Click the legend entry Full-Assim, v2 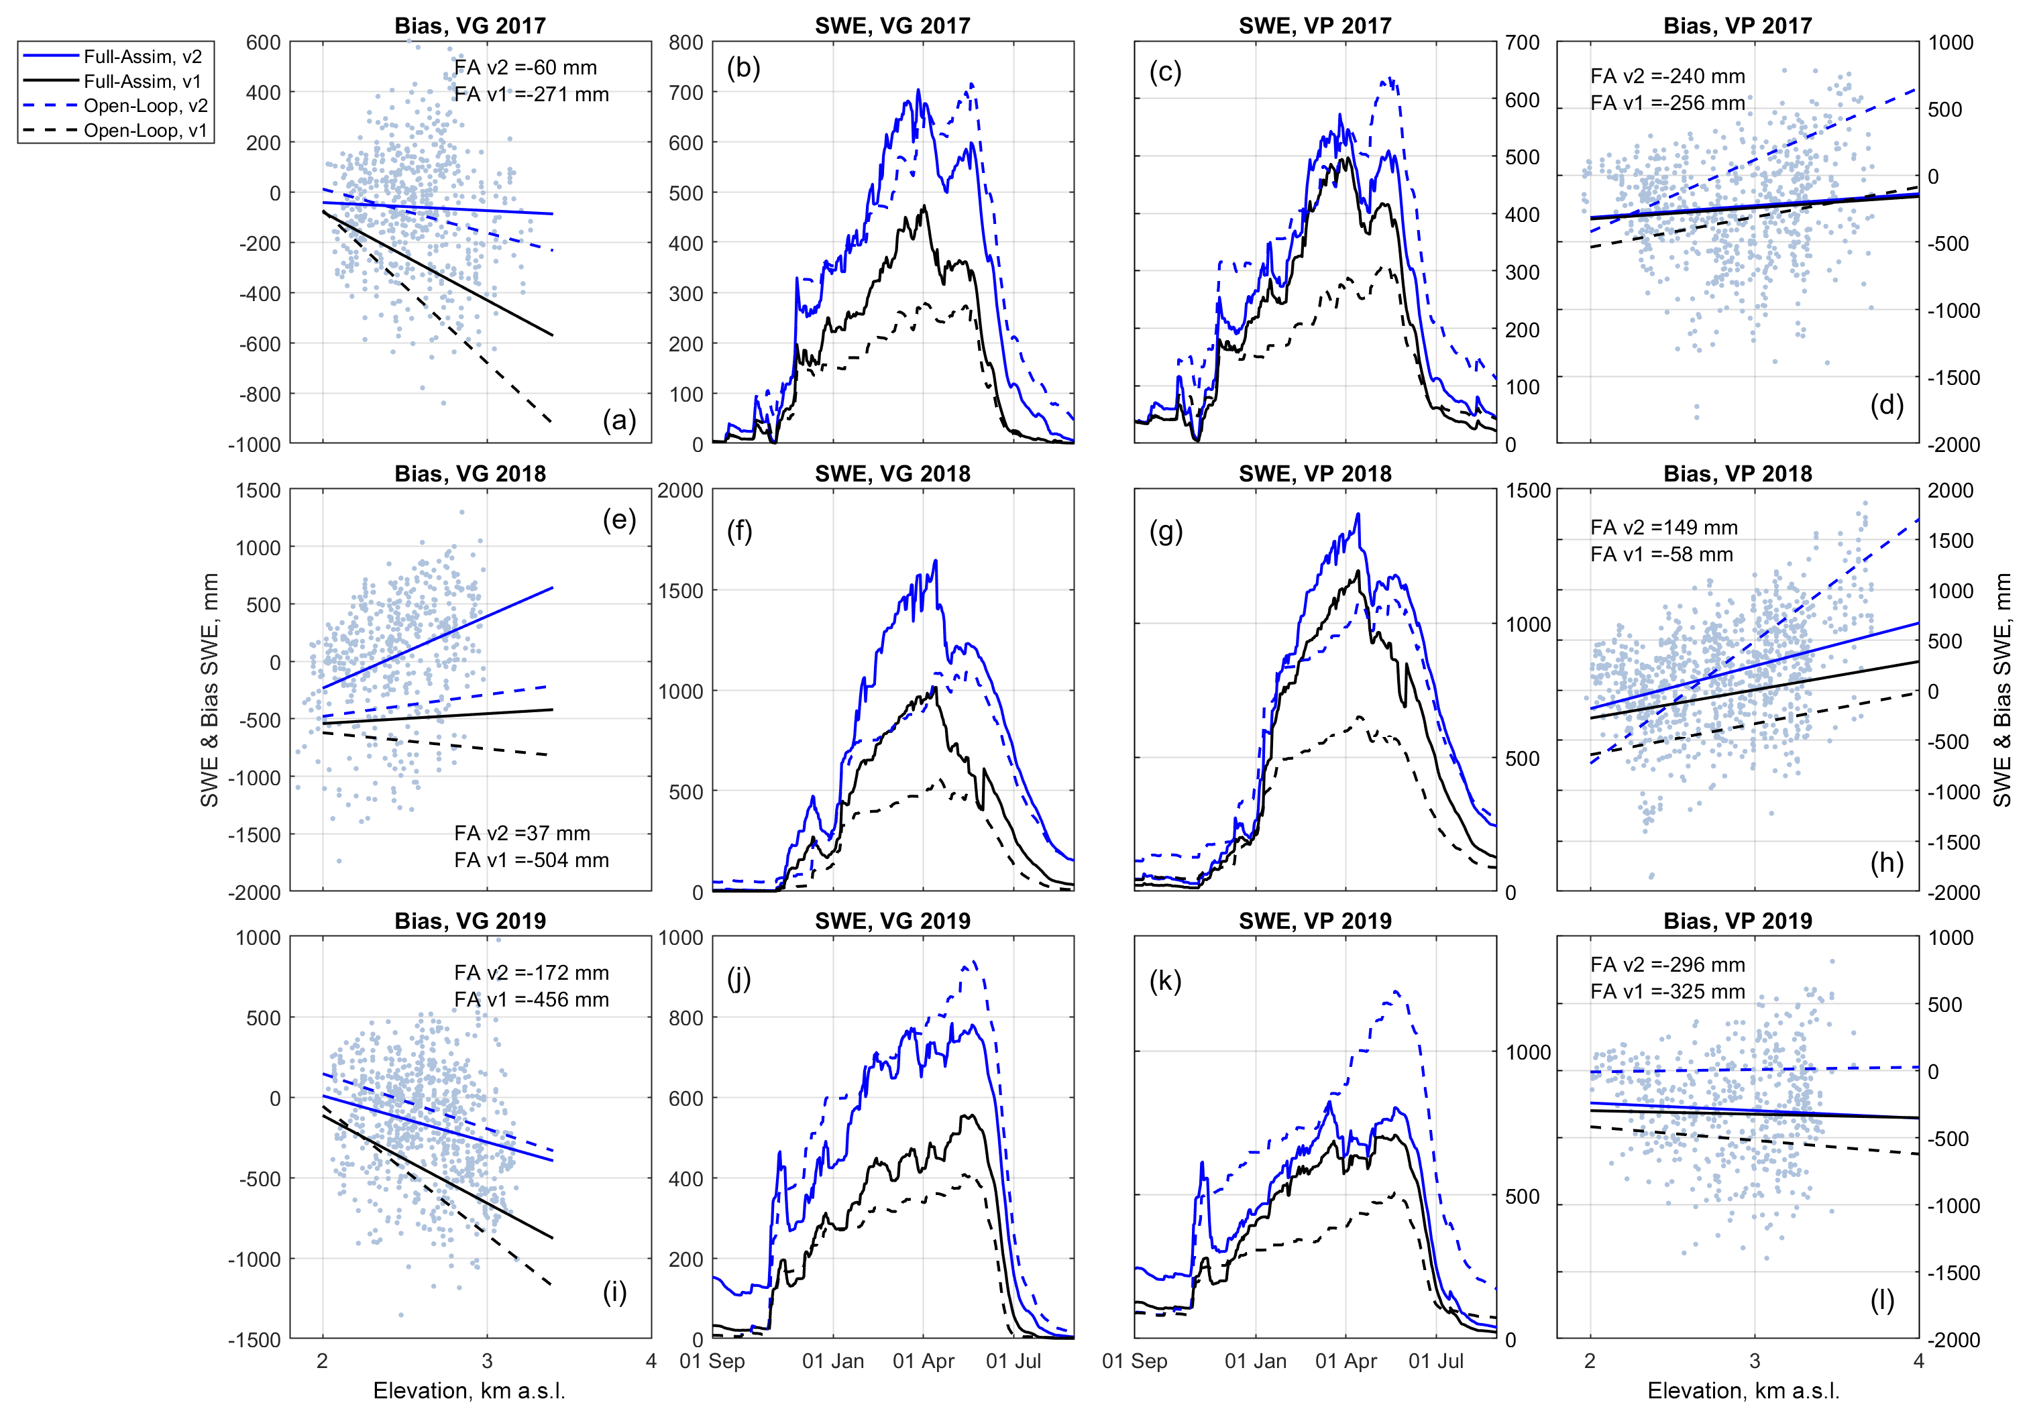click(142, 56)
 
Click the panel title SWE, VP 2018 click(1315, 473)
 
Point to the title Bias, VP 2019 click(1737, 921)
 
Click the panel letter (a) click(619, 420)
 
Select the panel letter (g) click(1165, 531)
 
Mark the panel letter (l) click(1881, 1300)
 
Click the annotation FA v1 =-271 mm click(532, 95)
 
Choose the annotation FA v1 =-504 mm click(532, 860)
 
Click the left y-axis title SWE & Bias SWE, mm click(210, 690)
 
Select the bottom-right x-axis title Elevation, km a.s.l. click(1743, 1391)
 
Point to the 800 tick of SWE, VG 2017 click(685, 42)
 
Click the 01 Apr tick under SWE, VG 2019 click(923, 1361)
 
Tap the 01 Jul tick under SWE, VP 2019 click(1435, 1361)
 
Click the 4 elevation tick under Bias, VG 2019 click(651, 1361)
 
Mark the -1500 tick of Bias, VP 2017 click(1954, 378)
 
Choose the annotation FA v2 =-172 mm click(532, 973)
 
